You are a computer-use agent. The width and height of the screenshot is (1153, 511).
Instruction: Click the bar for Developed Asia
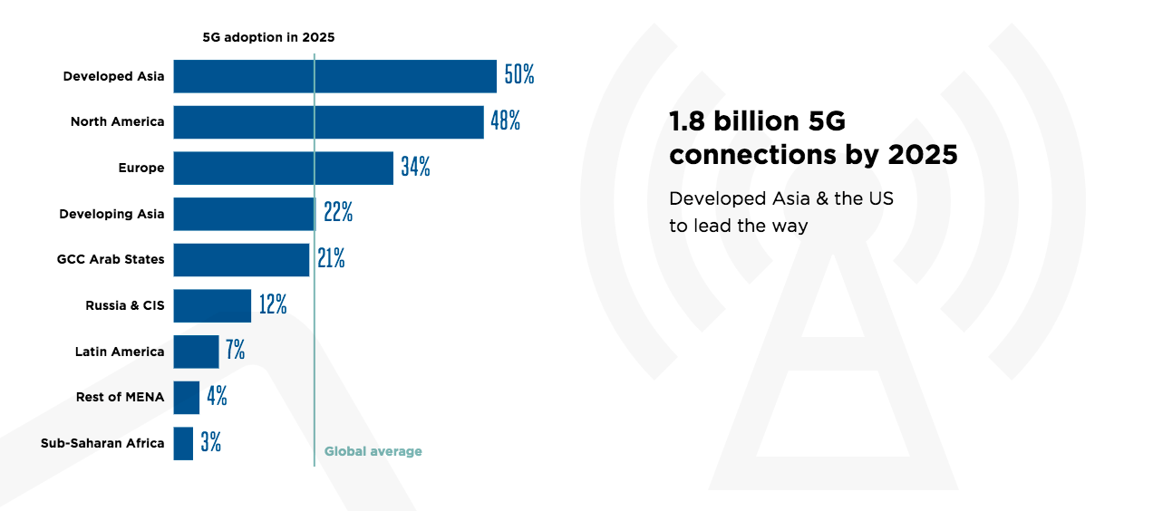pyautogui.click(x=334, y=76)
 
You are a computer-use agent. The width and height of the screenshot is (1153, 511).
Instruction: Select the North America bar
pyautogui.click(x=328, y=122)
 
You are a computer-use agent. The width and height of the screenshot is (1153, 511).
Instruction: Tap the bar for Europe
pyautogui.click(x=283, y=168)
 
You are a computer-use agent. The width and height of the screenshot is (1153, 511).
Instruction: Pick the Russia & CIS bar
pyautogui.click(x=212, y=305)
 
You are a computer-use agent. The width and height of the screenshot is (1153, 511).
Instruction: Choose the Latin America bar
pyautogui.click(x=196, y=352)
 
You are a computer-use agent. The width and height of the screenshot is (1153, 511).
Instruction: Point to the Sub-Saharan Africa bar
pyautogui.click(x=183, y=443)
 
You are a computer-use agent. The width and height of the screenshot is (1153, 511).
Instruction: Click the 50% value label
pyautogui.click(x=519, y=75)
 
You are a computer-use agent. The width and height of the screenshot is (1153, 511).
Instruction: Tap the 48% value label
pyautogui.click(x=506, y=121)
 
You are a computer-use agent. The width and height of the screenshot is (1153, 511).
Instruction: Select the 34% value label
pyautogui.click(x=415, y=168)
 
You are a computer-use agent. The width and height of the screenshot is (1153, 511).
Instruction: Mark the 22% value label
pyautogui.click(x=338, y=213)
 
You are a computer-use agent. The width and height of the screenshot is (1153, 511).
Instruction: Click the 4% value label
pyautogui.click(x=217, y=397)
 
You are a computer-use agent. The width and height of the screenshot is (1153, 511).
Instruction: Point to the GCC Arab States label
pyautogui.click(x=111, y=259)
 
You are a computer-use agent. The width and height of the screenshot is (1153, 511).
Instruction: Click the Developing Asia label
pyautogui.click(x=111, y=214)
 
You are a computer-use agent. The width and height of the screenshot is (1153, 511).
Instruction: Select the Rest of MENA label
pyautogui.click(x=120, y=397)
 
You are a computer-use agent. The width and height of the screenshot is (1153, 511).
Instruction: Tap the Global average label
pyautogui.click(x=373, y=451)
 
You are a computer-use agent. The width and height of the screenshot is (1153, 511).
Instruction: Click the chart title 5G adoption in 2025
pyautogui.click(x=268, y=37)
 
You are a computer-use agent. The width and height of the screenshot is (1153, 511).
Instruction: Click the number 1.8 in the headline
pyautogui.click(x=686, y=121)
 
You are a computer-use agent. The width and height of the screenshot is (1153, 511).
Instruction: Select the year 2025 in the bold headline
pyautogui.click(x=922, y=155)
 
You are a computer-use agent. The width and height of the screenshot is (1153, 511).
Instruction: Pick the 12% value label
pyautogui.click(x=273, y=305)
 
